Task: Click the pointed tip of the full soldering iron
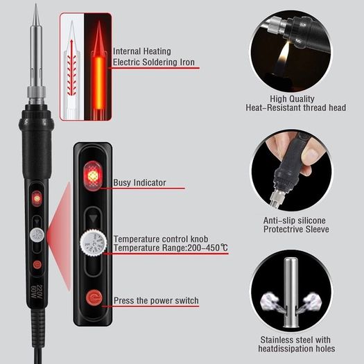click(36, 4)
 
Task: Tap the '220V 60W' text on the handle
click(36, 292)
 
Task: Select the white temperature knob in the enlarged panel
click(94, 243)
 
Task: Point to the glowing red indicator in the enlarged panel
click(93, 175)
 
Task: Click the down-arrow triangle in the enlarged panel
click(94, 218)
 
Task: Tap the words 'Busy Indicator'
click(139, 183)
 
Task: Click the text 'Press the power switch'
click(156, 300)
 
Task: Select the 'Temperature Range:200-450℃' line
click(171, 248)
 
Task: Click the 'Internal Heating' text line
click(142, 51)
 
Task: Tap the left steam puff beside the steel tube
click(271, 302)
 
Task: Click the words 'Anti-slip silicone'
click(295, 220)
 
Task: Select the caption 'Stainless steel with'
click(295, 340)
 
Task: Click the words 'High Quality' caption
click(292, 98)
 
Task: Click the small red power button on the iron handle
click(37, 264)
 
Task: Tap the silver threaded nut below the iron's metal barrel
click(36, 92)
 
